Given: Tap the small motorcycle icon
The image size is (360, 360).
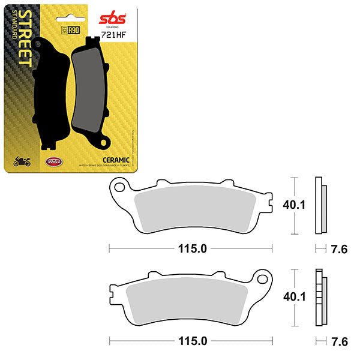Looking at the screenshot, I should tap(22, 161).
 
